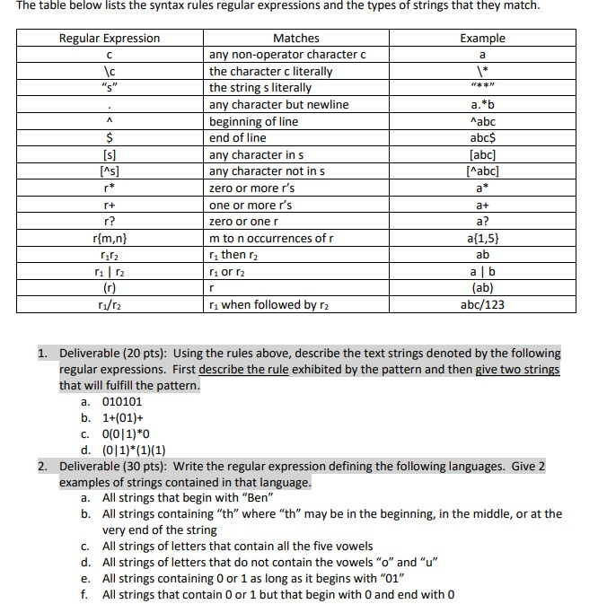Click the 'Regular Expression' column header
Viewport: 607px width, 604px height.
[109, 38]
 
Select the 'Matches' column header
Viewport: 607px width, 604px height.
[295, 38]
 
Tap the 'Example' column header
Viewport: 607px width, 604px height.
[482, 38]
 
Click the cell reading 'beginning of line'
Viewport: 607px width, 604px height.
[253, 121]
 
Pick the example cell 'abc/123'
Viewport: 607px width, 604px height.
[482, 305]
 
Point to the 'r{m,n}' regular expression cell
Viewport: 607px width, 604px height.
[109, 238]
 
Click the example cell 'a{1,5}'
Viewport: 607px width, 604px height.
[482, 238]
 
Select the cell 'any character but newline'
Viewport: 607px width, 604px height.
[278, 104]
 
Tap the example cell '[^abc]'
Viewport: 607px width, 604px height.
[482, 171]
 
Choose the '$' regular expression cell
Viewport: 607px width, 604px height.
[109, 137]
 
